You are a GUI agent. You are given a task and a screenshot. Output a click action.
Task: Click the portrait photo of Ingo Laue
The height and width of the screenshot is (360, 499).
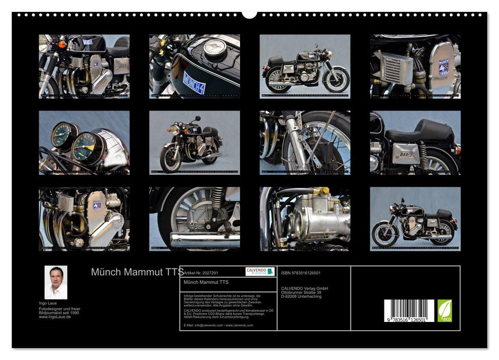(56, 282)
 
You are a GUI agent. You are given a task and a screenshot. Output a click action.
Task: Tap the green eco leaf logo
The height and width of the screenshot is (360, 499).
(445, 311)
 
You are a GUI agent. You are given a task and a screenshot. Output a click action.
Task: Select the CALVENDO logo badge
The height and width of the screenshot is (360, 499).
(260, 271)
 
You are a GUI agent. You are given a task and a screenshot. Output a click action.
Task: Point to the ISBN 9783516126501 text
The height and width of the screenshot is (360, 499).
(301, 273)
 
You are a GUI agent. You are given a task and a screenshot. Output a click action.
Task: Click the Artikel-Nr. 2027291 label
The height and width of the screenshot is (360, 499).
(200, 273)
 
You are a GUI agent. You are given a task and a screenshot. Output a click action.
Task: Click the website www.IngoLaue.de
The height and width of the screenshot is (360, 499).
(55, 317)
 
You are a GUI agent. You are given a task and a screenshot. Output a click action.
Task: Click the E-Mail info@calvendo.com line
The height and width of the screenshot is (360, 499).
(218, 325)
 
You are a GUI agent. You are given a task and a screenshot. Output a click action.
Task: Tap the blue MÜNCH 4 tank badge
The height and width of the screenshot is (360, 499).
(194, 82)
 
